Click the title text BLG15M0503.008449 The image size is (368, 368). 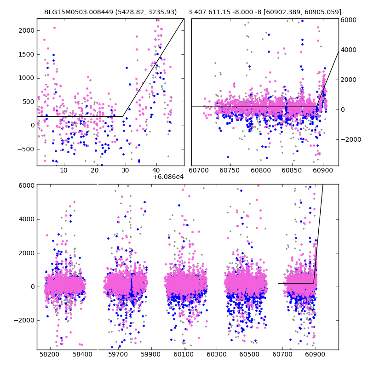(80, 12)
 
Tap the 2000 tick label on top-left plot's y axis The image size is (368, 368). (27, 30)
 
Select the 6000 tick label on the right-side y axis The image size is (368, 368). (348, 20)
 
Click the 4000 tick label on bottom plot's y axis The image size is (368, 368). (27, 219)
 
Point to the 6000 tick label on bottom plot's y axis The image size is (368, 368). (27, 185)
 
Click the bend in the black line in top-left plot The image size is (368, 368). (123, 116)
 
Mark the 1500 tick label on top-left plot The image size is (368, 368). (27, 54)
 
